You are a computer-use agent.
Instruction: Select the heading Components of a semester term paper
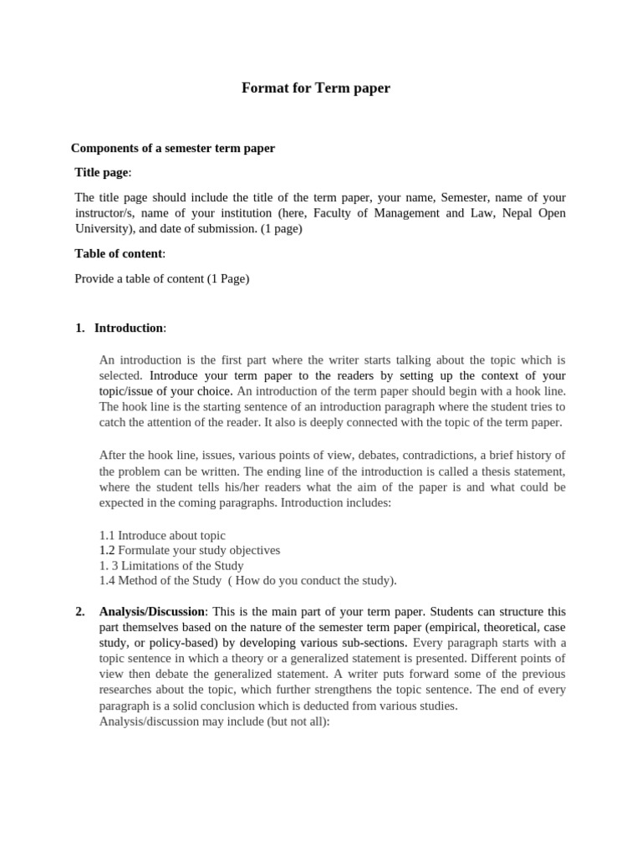point(173,148)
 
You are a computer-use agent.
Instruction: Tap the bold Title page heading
point(102,172)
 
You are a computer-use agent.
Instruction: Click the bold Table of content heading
point(118,253)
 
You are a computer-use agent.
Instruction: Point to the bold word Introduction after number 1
point(129,328)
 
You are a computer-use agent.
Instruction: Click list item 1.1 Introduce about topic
point(162,535)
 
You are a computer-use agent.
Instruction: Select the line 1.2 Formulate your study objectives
point(190,550)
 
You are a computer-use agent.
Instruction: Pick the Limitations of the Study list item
point(171,565)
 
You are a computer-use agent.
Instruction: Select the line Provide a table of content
point(162,279)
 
